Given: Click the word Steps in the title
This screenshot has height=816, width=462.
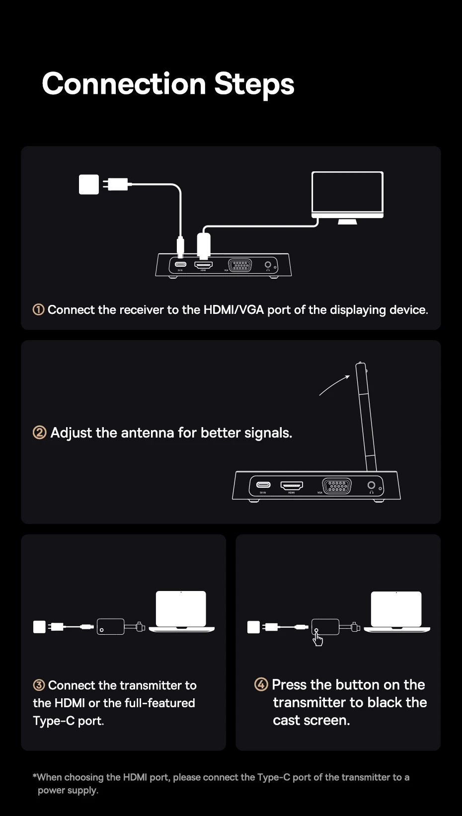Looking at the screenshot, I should pyautogui.click(x=254, y=84).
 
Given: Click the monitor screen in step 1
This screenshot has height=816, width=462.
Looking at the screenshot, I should pyautogui.click(x=347, y=192).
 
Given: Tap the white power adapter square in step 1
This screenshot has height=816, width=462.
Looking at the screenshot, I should pyautogui.click(x=89, y=184).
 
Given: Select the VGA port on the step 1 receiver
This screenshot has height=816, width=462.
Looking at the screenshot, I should pyautogui.click(x=240, y=265).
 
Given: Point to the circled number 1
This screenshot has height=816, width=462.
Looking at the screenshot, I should pyautogui.click(x=38, y=310).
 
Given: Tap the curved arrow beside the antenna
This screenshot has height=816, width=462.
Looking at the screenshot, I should pyautogui.click(x=334, y=385).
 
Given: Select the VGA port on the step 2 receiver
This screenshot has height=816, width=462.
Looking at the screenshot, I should pyautogui.click(x=337, y=485).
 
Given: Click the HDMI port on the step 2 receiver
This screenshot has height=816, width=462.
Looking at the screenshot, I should pyautogui.click(x=292, y=485).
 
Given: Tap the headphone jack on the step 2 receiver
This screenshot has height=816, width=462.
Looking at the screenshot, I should pyautogui.click(x=371, y=485).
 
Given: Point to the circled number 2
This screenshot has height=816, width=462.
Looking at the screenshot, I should pyautogui.click(x=40, y=433).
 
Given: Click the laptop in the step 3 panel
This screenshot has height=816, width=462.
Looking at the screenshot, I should pyautogui.click(x=181, y=611).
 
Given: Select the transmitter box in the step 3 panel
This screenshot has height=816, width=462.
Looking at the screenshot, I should pyautogui.click(x=111, y=626).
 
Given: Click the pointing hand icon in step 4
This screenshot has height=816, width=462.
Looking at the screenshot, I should pyautogui.click(x=317, y=640).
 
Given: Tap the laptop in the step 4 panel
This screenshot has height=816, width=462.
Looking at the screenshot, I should pyautogui.click(x=396, y=611).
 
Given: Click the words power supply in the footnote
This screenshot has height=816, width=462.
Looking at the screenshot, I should pyautogui.click(x=68, y=790).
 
